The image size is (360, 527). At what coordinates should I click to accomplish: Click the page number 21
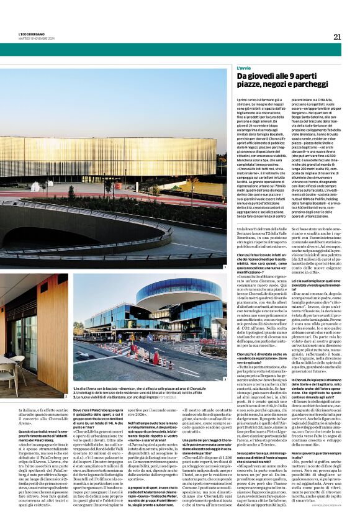coord(336,37)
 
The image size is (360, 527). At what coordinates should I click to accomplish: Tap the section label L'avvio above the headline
coord(243,67)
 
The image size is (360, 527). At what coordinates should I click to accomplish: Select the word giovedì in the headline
coord(257,75)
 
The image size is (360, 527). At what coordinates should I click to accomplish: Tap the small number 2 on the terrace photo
coord(66,377)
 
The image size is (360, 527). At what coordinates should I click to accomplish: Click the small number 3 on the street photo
coord(224,378)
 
